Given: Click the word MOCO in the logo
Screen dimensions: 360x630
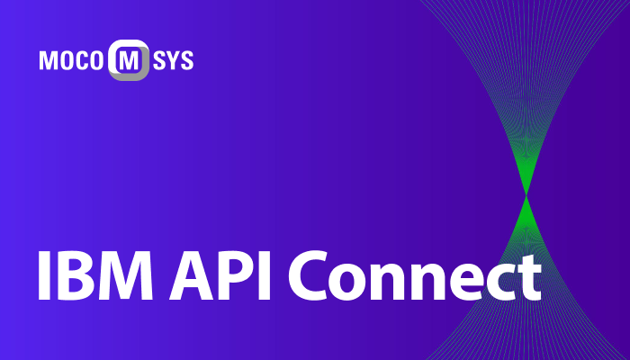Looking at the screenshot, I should point(72,61).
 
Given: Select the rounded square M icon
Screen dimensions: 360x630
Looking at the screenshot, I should point(129,60).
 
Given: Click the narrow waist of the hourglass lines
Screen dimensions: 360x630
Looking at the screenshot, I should point(526,193).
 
